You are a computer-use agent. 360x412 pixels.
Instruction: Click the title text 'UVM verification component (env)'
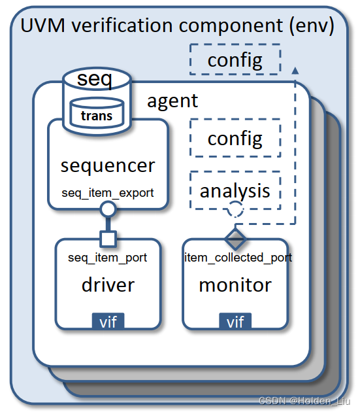[178, 27]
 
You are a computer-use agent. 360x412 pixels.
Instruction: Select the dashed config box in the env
[235, 60]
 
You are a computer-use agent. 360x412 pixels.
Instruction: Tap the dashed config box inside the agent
[235, 139]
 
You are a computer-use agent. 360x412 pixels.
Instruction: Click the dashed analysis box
[235, 190]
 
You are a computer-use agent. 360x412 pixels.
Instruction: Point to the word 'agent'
[172, 101]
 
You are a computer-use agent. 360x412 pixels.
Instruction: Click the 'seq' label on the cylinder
[95, 80]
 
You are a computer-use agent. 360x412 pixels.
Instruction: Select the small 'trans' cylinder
[96, 114]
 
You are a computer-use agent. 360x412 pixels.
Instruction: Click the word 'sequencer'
[108, 165]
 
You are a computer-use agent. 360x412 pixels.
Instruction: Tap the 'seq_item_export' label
[108, 192]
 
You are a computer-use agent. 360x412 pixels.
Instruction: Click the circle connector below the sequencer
[108, 209]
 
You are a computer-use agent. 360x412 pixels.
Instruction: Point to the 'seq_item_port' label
[108, 258]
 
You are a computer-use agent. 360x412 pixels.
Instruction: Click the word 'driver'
[108, 284]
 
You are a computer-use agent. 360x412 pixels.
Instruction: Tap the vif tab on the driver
[108, 321]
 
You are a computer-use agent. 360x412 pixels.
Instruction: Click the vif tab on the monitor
[235, 321]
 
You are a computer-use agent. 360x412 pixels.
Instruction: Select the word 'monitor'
[235, 284]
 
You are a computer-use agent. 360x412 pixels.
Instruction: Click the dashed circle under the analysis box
[235, 209]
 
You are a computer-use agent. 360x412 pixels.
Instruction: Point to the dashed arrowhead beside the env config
[295, 69]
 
